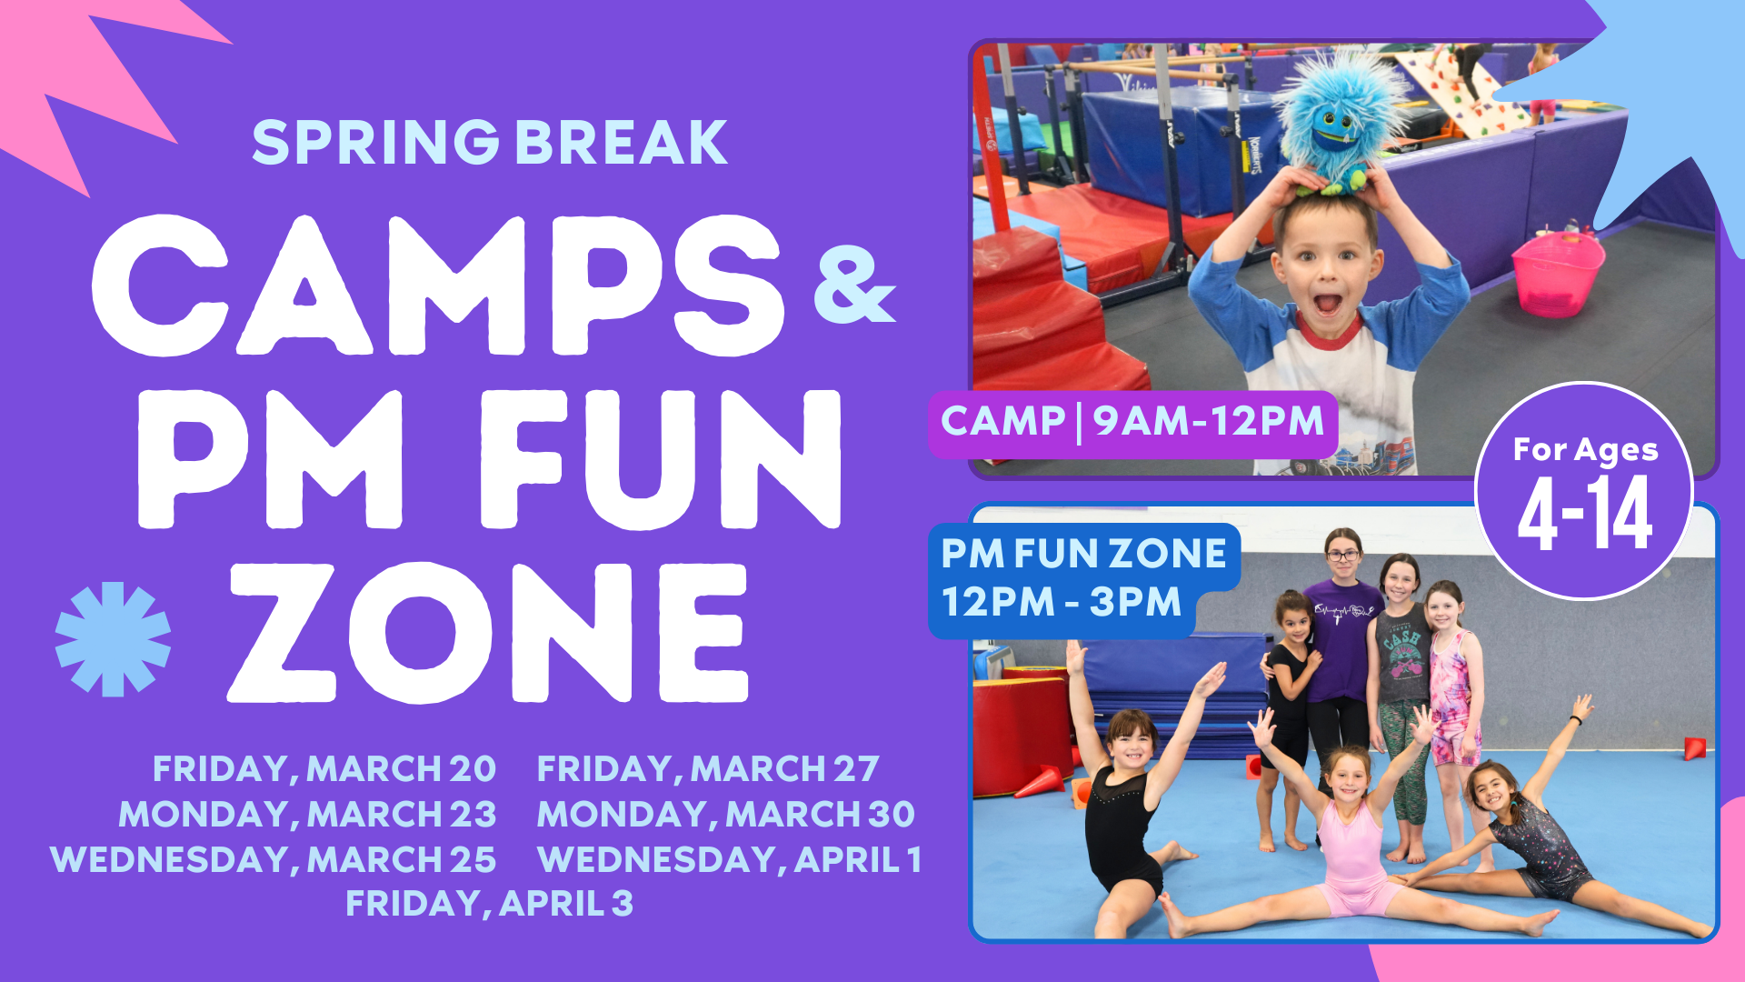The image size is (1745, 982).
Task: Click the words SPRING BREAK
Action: click(x=490, y=142)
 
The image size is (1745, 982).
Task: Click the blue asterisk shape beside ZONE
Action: click(x=113, y=639)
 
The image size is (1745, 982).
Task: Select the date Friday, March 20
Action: click(x=324, y=769)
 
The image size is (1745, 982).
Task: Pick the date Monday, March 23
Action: click(x=307, y=815)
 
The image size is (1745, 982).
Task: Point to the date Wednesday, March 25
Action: click(x=274, y=860)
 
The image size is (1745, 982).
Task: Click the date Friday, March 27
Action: click(x=708, y=769)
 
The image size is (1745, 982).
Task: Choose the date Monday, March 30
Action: click(x=726, y=815)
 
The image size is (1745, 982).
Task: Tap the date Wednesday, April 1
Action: click(x=729, y=860)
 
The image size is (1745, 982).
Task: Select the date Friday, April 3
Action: click(x=489, y=904)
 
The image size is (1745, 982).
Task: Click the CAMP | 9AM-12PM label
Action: click(x=1132, y=422)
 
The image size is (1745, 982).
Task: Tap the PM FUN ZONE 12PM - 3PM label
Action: click(x=1083, y=579)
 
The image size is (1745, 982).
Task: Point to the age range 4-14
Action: click(x=1585, y=515)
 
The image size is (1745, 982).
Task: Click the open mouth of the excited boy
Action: click(x=1328, y=302)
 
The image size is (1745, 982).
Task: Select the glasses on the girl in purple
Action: click(x=1342, y=555)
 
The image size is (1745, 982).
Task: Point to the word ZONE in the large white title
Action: click(x=488, y=633)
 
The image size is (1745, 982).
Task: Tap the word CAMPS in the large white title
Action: click(x=438, y=286)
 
